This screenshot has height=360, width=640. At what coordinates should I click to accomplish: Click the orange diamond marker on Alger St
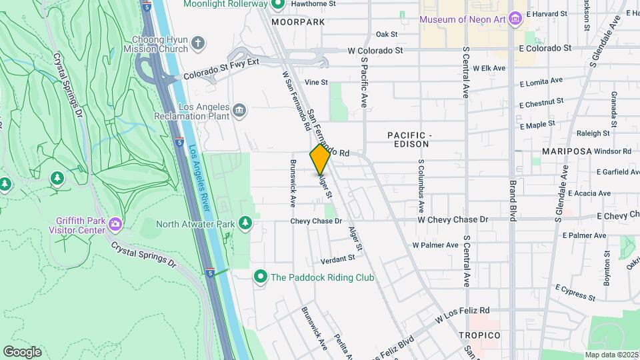point(320,159)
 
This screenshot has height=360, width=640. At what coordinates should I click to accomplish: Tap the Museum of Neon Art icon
point(514,19)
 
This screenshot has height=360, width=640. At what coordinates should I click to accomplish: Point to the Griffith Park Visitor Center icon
point(115,223)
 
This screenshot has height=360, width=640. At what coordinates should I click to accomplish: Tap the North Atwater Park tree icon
point(245,223)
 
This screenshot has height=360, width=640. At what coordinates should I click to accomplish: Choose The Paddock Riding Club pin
point(261,277)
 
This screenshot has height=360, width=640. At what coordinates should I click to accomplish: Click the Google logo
point(22,351)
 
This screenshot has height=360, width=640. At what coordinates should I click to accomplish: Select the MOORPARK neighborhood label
point(298,22)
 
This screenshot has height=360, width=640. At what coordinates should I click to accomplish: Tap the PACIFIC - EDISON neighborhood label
point(409,139)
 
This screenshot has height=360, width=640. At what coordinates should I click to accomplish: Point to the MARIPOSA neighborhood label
point(567,151)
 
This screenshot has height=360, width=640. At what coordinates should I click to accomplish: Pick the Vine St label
point(316,83)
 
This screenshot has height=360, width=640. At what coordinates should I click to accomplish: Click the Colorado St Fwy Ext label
point(221,67)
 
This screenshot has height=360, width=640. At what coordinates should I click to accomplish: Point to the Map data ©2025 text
point(611,355)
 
